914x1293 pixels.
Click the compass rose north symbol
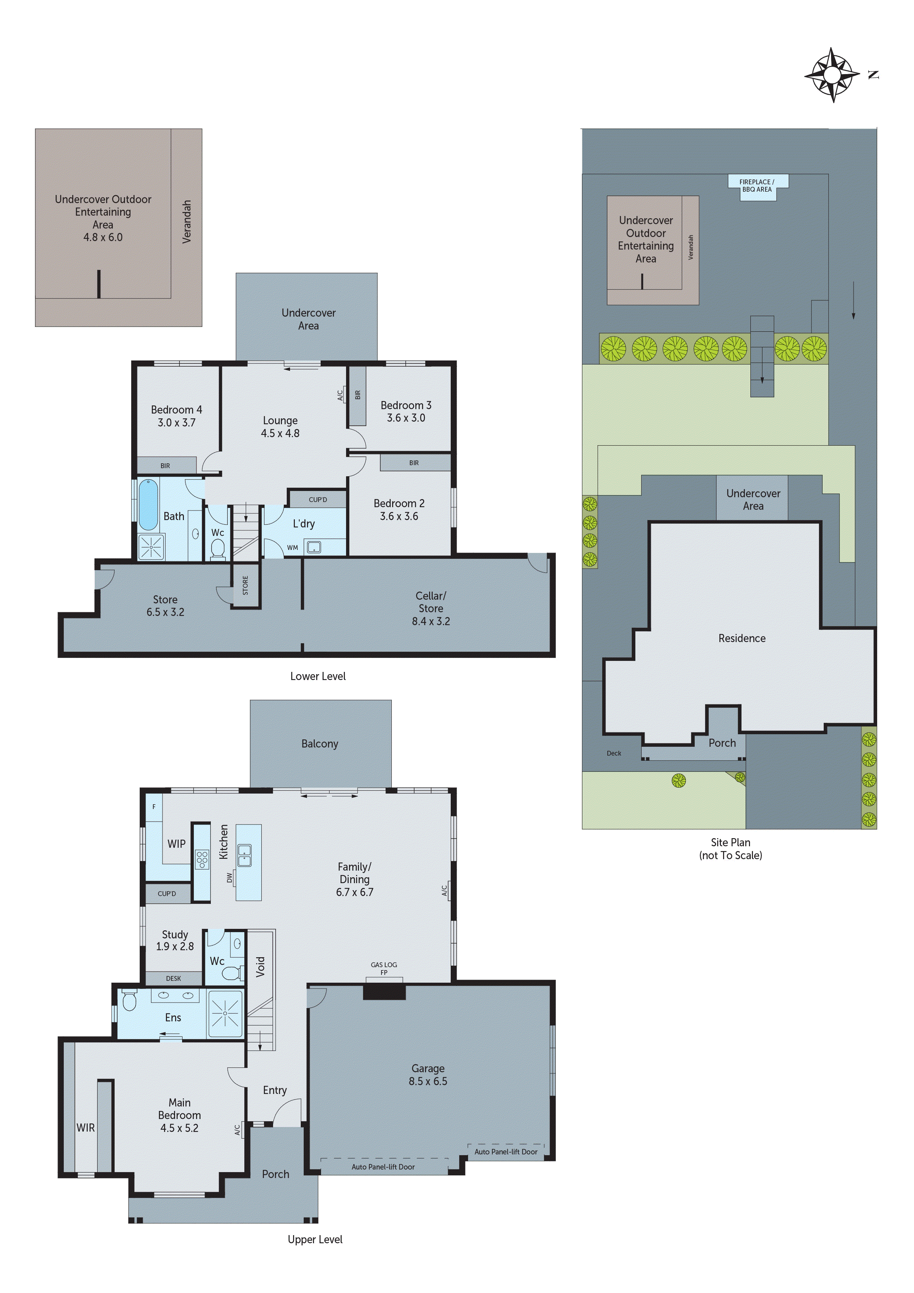[x=832, y=74]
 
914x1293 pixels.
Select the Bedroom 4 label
[x=176, y=410]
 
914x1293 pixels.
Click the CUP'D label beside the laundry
[x=318, y=499]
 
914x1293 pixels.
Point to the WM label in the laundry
[x=292, y=547]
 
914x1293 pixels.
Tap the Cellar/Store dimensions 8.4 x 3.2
[x=431, y=621]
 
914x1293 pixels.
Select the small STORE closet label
[x=245, y=585]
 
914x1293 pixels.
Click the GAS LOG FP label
[x=384, y=968]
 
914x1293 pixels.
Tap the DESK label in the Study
[x=174, y=978]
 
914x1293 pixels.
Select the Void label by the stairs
[x=260, y=966]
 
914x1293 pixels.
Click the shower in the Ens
[x=225, y=1014]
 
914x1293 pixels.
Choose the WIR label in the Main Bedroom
[x=86, y=1128]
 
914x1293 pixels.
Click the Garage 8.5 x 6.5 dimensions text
[x=428, y=1081]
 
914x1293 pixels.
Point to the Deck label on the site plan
[x=614, y=753]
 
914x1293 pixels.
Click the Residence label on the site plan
[x=742, y=638]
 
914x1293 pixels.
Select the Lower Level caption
[x=318, y=676]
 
